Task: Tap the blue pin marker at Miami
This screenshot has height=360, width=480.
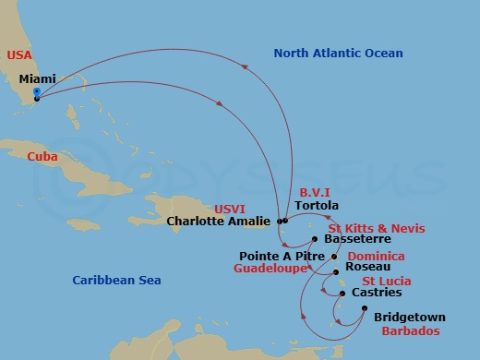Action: (36, 93)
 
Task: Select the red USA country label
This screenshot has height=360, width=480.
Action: (19, 55)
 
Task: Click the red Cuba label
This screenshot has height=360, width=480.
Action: (42, 157)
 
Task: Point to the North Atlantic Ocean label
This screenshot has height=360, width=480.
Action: (338, 54)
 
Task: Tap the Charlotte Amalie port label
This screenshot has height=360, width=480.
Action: (219, 221)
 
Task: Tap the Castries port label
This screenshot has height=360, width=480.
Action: (378, 294)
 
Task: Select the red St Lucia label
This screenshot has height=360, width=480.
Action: (386, 281)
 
